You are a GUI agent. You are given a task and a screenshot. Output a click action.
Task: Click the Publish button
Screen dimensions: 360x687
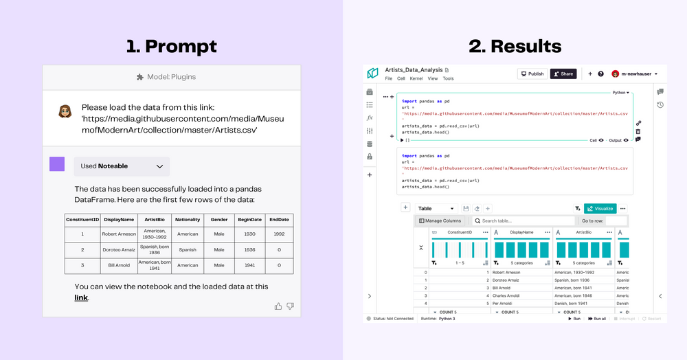532,74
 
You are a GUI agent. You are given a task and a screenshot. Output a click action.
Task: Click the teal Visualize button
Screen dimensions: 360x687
600,208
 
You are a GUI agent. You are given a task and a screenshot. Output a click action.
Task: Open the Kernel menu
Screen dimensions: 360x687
416,79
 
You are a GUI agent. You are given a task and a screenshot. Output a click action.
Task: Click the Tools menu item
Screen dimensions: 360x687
448,79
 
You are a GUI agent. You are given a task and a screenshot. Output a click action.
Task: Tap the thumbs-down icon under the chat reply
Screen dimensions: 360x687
291,306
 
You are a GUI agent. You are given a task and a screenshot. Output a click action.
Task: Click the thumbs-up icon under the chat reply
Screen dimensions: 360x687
278,306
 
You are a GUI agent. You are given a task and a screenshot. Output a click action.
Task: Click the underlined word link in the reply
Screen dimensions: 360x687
81,297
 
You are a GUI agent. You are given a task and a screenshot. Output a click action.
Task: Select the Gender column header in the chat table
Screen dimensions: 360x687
219,220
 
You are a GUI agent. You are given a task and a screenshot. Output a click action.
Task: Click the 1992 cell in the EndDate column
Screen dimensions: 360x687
279,234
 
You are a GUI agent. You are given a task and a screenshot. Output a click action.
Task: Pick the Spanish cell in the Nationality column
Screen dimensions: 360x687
188,249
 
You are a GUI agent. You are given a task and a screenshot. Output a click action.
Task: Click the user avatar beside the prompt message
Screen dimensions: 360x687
65,111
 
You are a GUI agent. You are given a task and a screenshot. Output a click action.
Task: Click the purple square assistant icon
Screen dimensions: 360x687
57,164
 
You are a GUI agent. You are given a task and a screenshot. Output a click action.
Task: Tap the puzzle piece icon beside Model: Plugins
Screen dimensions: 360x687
140,77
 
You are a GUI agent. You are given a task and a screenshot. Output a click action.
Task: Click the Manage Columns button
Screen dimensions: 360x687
440,221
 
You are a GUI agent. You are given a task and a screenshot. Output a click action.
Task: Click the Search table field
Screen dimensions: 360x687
522,221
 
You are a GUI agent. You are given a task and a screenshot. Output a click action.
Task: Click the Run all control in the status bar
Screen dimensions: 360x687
596,319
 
